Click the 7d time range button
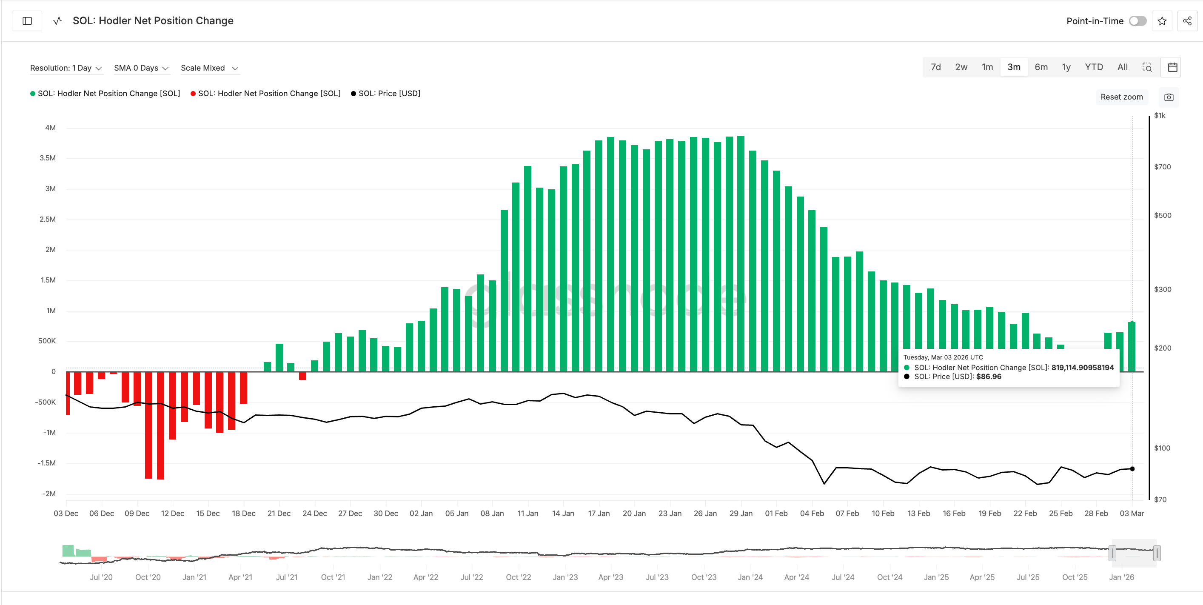(935, 67)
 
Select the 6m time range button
(1041, 67)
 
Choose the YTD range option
(1093, 67)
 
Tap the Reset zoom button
(1121, 97)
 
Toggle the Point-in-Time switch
(1137, 21)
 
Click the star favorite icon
(1162, 21)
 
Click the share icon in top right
(1187, 21)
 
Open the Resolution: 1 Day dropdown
(66, 68)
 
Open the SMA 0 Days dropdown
(141, 68)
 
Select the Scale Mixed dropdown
(210, 68)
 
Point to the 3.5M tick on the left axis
(48, 158)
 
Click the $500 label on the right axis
(1162, 215)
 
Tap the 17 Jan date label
(599, 514)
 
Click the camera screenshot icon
(1169, 97)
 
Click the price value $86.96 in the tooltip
(989, 377)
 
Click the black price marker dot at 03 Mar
(1132, 468)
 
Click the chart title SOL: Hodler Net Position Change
(153, 21)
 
